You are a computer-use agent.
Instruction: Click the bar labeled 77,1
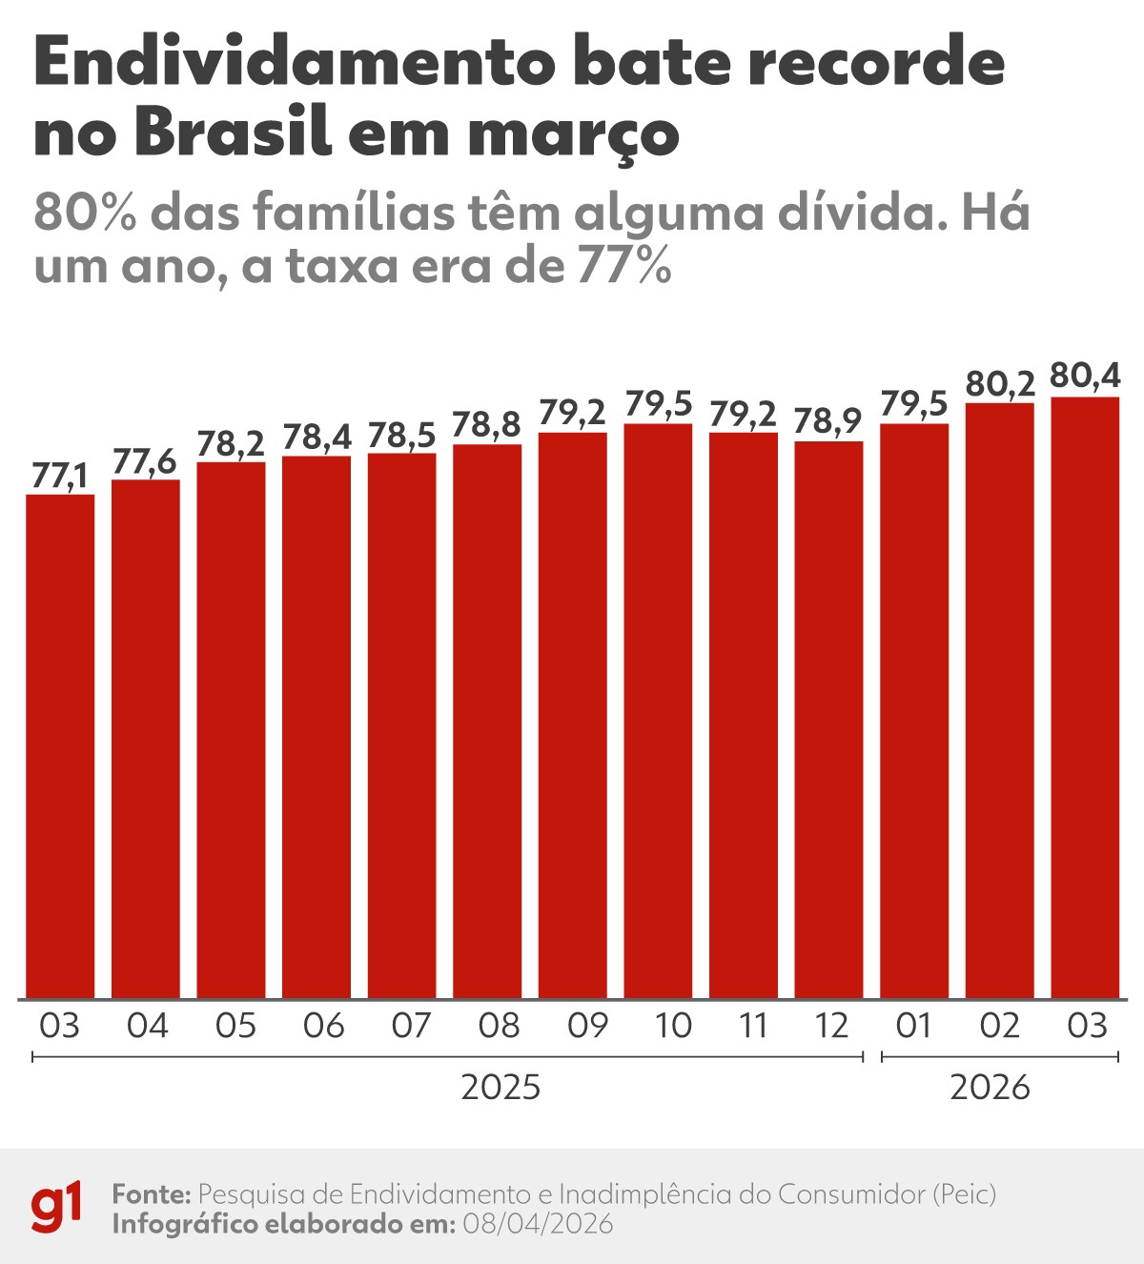[59, 745]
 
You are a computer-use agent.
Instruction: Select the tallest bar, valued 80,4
[1085, 698]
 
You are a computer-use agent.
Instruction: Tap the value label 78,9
[827, 420]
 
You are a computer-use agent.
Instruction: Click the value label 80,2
[1000, 383]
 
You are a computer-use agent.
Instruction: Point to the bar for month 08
[487, 721]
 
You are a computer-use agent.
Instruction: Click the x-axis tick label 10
[673, 1027]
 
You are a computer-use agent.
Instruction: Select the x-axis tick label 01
[913, 1027]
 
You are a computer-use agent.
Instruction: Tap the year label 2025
[500, 1087]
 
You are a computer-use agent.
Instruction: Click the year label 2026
[990, 1087]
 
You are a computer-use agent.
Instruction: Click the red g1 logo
[56, 1208]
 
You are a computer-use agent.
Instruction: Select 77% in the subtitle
[624, 266]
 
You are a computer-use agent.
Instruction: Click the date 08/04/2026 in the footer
[538, 1224]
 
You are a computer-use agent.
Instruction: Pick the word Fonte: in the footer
[153, 1194]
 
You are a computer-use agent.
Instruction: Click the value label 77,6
[145, 461]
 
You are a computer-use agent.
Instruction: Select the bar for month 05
[231, 729]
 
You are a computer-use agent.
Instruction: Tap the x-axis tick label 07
[411, 1027]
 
